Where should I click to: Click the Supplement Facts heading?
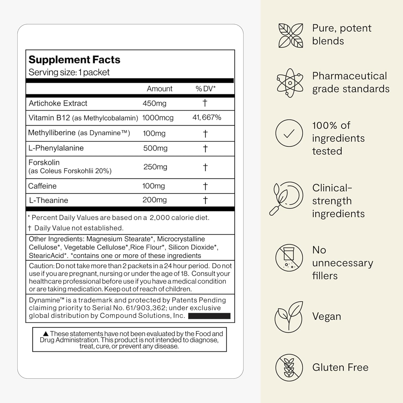point(74,60)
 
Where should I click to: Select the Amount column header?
point(160,89)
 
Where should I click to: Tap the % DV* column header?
point(206,89)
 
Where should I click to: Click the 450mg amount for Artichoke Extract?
point(154,103)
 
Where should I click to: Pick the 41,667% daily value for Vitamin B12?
point(207,117)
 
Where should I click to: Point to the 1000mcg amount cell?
point(158,118)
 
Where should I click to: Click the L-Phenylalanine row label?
point(56,148)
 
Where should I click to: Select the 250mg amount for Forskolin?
point(155,167)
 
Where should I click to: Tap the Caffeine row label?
point(42,186)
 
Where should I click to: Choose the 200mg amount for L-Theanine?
point(154,200)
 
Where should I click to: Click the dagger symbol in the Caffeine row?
point(205,186)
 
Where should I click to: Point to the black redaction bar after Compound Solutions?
point(209,316)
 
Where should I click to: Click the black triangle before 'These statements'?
point(46,334)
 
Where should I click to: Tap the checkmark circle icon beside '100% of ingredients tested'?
point(289,133)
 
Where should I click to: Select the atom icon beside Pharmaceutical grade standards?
point(290,83)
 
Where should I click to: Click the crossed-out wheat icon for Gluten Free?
point(289,367)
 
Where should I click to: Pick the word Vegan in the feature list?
point(326,316)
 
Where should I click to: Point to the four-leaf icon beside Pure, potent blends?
point(290,35)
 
